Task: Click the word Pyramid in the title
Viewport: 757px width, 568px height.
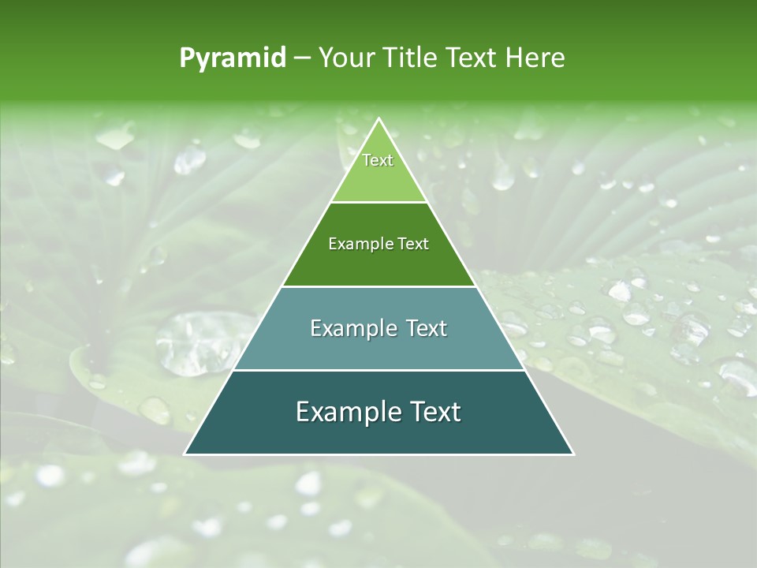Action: point(233,58)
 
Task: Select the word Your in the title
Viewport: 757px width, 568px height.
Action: point(345,58)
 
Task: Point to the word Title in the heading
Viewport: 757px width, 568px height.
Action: point(411,58)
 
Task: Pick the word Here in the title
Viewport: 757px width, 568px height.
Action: point(535,58)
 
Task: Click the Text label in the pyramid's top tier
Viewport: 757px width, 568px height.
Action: point(378,160)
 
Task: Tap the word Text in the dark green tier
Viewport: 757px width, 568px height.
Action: point(414,244)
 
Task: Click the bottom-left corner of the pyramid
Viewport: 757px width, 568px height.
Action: point(185,454)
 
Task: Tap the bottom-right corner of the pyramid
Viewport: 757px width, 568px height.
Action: point(573,454)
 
